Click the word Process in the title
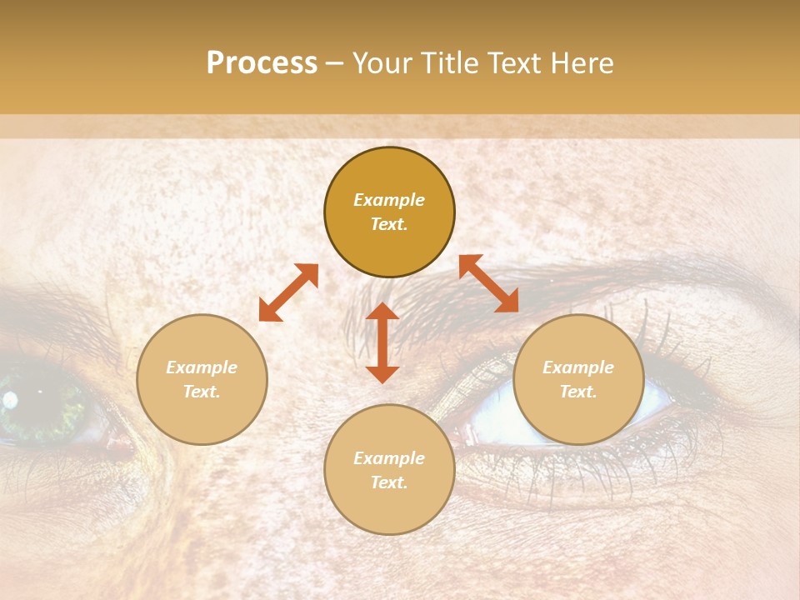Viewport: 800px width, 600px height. pos(262,63)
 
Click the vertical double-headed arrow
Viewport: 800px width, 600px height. pos(382,342)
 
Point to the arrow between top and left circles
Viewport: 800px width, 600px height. pos(288,292)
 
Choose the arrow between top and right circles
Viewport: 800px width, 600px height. pos(489,283)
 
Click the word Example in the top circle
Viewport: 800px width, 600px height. pos(389,200)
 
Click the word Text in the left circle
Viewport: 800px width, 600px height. pos(202,392)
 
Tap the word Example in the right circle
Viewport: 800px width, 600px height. pos(578,367)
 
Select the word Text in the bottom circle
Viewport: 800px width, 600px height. pos(389,482)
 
